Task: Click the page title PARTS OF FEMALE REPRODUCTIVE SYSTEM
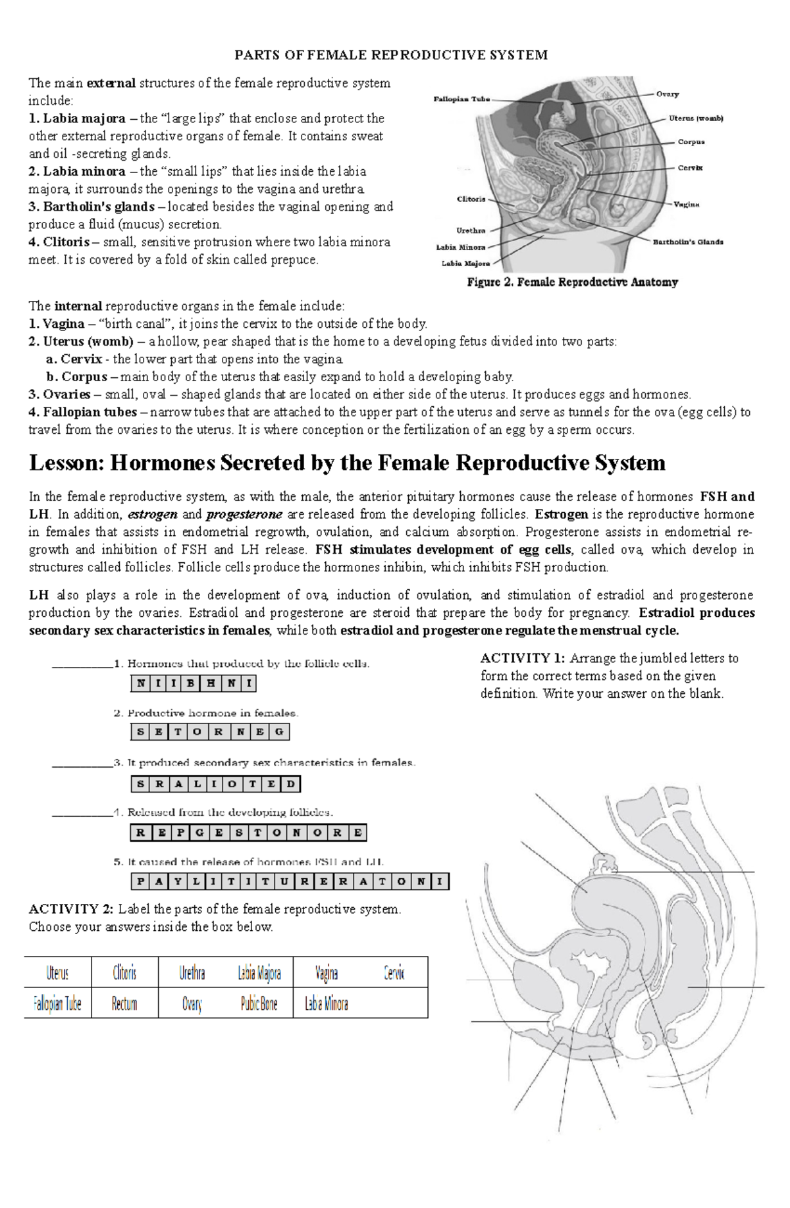click(x=391, y=55)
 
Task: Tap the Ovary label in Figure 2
click(x=667, y=94)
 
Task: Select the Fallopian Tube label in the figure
click(x=461, y=99)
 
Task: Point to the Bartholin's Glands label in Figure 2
click(x=687, y=242)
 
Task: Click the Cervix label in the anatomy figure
click(x=690, y=168)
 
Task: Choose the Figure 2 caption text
click(x=572, y=282)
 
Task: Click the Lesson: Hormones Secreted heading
click(x=347, y=463)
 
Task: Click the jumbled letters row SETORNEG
click(x=210, y=731)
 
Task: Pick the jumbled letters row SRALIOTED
click(x=216, y=783)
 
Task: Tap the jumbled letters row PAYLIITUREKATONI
click(x=290, y=881)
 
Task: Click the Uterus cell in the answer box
click(x=58, y=973)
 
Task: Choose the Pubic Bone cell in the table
click(x=259, y=1004)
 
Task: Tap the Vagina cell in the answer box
click(x=327, y=973)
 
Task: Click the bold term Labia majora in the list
click(x=84, y=118)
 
